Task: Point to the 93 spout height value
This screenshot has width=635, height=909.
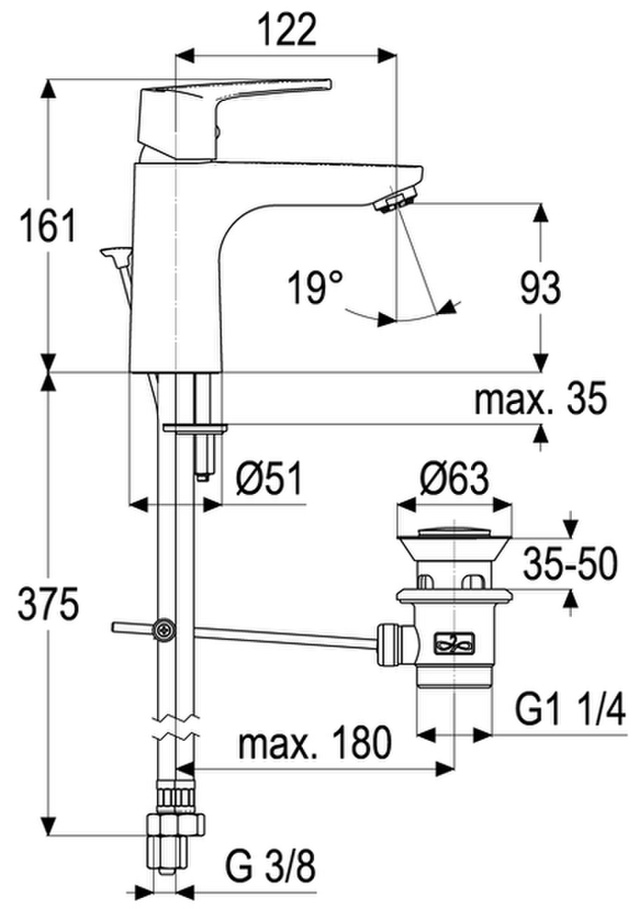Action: click(x=541, y=287)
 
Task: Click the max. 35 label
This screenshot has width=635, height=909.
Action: click(x=540, y=398)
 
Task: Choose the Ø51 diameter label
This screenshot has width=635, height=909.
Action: click(x=269, y=479)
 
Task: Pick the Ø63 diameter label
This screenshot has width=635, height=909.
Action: click(x=455, y=479)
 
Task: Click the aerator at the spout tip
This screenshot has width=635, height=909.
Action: click(x=395, y=200)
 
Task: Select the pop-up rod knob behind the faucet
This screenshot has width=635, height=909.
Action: click(x=116, y=252)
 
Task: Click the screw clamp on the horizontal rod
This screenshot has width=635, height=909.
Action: click(x=163, y=630)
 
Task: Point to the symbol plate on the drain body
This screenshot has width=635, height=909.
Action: click(x=455, y=642)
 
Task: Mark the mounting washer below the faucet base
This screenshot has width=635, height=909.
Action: click(x=195, y=428)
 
